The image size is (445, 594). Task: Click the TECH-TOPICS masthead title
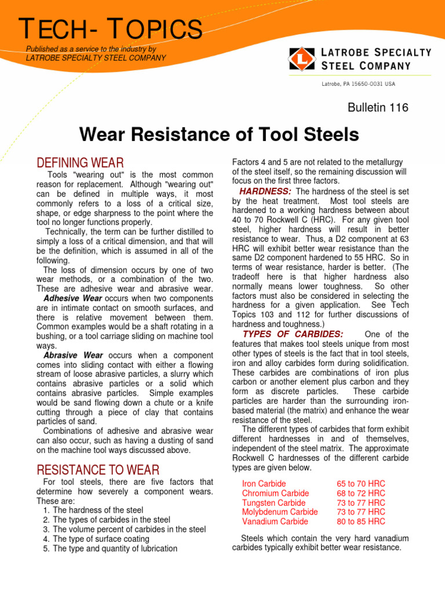111,30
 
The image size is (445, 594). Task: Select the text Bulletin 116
377,107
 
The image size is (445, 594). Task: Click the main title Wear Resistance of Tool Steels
219,136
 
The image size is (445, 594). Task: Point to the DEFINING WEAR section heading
79,163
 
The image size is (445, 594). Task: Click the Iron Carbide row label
264,483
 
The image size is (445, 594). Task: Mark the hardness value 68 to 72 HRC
361,493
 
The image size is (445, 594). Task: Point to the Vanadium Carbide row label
275,521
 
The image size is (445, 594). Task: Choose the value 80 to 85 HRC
361,521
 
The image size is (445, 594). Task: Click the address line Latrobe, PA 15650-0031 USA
359,84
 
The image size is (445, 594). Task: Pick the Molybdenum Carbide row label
280,512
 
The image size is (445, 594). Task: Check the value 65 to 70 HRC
361,483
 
